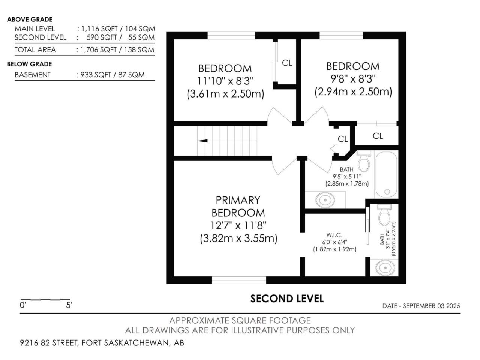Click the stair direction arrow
pos(202,141)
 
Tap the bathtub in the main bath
pos(386,175)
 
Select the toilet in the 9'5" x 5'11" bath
pos(364,161)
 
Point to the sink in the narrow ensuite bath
pos(385,267)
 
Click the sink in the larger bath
pos(325,200)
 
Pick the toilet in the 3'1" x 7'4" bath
pos(384,215)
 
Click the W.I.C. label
pos(334,235)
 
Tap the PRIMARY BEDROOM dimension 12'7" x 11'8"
pos(238,225)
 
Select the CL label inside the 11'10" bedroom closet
pos(287,63)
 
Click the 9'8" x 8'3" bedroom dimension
pos(353,79)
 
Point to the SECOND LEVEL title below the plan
pos(287,298)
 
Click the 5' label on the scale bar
pos(69,305)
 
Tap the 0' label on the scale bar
pos(23,305)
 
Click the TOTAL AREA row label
pos(35,50)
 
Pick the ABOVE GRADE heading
pos(30,19)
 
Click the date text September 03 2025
pos(431,306)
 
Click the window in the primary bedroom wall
pos(239,280)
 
